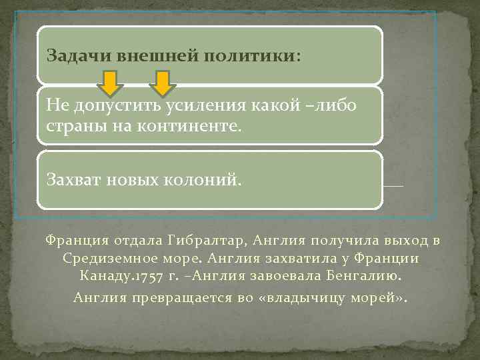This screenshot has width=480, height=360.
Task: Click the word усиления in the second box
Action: [217, 105]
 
